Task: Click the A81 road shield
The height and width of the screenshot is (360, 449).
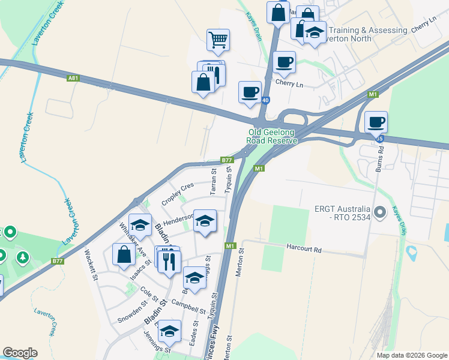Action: [x=73, y=78]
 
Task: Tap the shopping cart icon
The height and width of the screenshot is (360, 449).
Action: [x=218, y=40]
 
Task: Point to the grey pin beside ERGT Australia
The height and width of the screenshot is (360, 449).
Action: [x=379, y=212]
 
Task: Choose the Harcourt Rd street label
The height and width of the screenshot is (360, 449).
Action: [x=304, y=247]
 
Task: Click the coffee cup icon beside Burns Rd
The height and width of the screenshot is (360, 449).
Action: [x=376, y=122]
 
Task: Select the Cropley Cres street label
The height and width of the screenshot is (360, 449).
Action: [x=178, y=194]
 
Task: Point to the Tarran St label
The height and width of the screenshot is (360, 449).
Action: [x=213, y=182]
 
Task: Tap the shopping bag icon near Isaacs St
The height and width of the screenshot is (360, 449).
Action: [x=124, y=254]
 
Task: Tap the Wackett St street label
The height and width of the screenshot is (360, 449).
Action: [x=91, y=262]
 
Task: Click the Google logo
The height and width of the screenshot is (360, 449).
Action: [x=20, y=353]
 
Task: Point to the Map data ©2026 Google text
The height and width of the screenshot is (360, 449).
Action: [x=411, y=355]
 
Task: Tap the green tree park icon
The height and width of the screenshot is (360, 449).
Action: [x=23, y=257]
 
